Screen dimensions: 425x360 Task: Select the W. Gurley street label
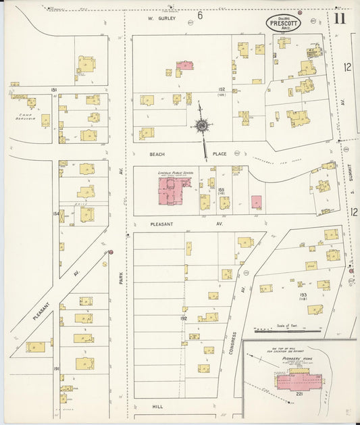point(162,18)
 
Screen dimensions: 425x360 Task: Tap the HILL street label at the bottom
point(157,407)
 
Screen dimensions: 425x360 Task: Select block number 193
point(305,294)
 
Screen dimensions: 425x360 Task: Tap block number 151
point(53,89)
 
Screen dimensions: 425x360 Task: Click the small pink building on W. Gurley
point(185,66)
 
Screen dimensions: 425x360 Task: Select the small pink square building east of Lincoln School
point(257,201)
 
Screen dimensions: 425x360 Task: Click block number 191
point(56,368)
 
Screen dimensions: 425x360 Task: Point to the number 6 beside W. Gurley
point(200,15)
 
